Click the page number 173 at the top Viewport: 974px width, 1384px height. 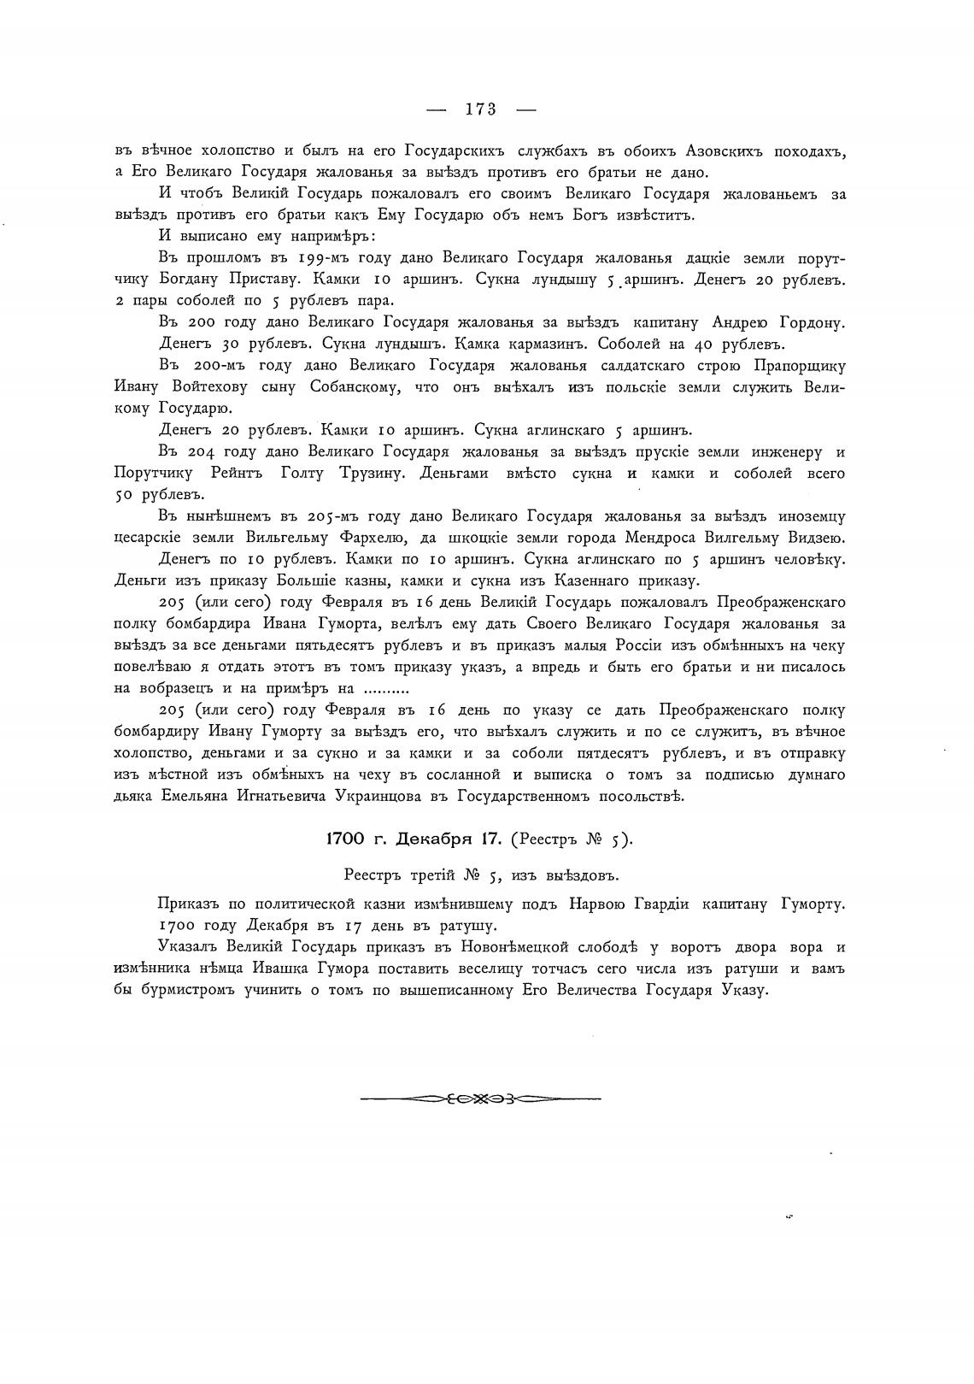pos(481,109)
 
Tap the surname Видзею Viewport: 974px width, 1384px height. pos(813,538)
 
